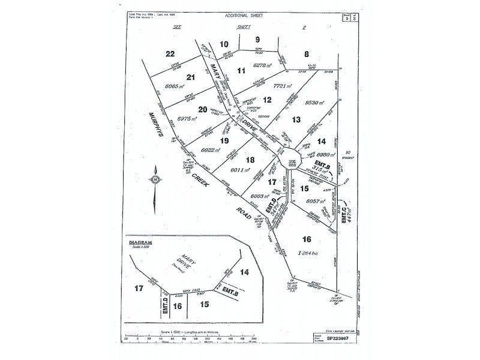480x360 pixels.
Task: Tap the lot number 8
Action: coord(306,53)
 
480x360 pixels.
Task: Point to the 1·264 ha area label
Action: coord(312,254)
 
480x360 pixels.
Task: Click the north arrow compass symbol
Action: coord(155,179)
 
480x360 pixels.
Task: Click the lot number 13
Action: coord(296,119)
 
